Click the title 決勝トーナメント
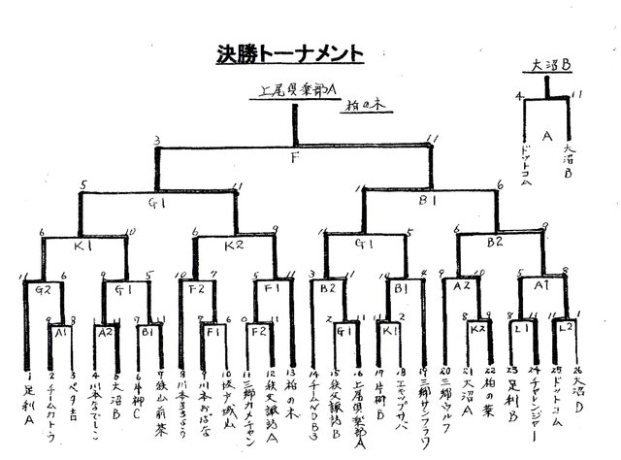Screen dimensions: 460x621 click(290, 54)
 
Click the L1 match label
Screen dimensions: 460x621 click(520, 330)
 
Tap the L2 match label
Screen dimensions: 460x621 click(568, 330)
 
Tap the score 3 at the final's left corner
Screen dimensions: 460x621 click(156, 141)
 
